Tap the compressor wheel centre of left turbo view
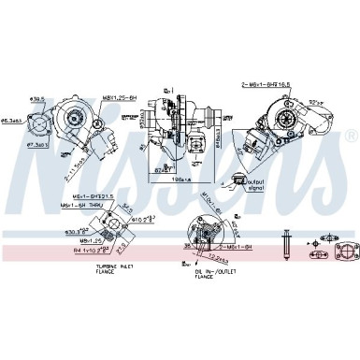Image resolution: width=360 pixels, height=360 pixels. click(71, 116)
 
